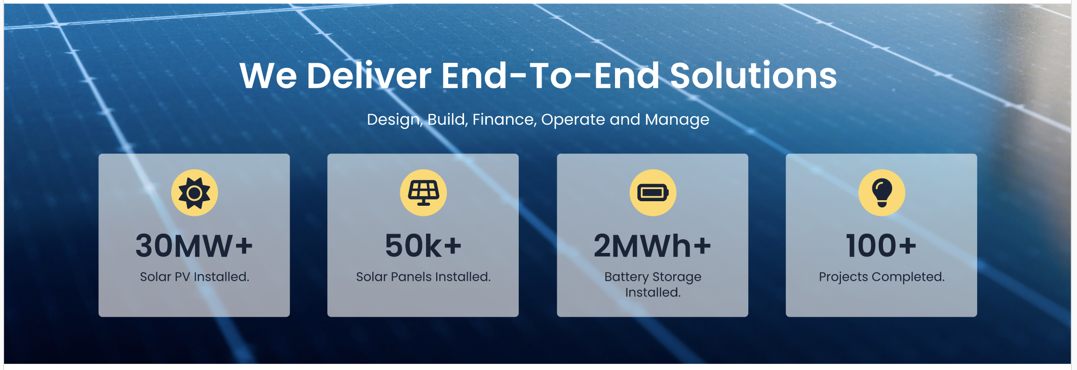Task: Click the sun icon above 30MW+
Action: click(195, 193)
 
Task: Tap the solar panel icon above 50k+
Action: click(424, 193)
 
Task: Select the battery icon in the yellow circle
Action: click(653, 193)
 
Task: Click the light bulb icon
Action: click(882, 193)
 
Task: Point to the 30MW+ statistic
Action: click(194, 246)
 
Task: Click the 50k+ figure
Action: click(424, 246)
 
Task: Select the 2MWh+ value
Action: click(652, 246)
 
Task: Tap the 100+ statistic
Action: click(881, 246)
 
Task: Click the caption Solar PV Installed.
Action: click(195, 277)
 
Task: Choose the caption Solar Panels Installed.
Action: click(424, 277)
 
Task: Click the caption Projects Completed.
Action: click(882, 277)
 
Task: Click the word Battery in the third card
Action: click(627, 277)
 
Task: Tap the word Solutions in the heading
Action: click(753, 76)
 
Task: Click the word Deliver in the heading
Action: click(369, 76)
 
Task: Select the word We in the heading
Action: click(268, 76)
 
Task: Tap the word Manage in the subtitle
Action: click(677, 120)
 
